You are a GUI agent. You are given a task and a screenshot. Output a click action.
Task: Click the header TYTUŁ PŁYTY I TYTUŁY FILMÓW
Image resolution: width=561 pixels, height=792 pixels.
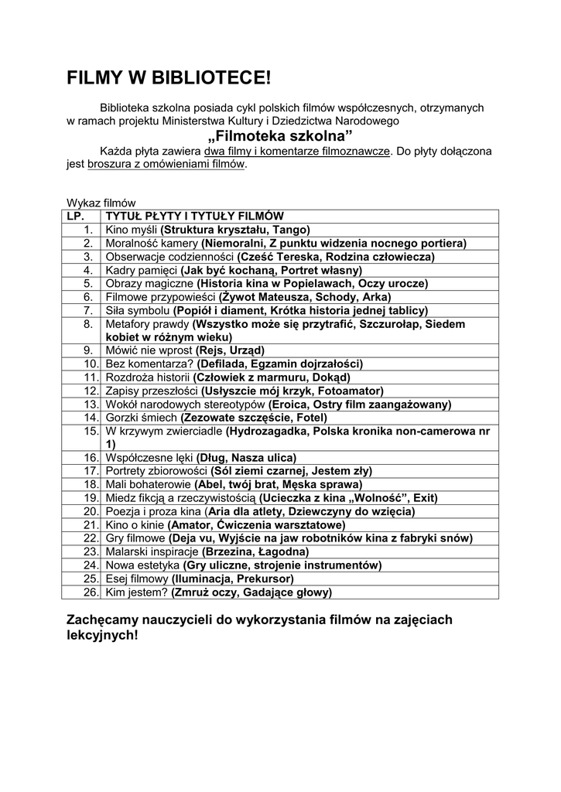pyautogui.click(x=194, y=217)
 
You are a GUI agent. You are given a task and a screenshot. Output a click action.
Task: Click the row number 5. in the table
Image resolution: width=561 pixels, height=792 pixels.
pyautogui.click(x=88, y=283)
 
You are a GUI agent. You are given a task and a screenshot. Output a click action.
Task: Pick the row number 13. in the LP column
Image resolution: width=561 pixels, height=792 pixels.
pyautogui.click(x=91, y=404)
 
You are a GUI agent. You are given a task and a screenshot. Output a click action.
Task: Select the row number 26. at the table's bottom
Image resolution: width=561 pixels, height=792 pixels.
pyautogui.click(x=91, y=592)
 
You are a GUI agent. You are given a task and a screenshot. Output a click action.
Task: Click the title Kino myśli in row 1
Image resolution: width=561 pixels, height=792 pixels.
pyautogui.click(x=131, y=230)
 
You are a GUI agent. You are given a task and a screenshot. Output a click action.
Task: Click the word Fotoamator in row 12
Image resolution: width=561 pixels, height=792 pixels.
pyautogui.click(x=351, y=391)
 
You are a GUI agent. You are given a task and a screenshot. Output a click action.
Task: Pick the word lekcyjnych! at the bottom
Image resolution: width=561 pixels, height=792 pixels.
pyautogui.click(x=103, y=635)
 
